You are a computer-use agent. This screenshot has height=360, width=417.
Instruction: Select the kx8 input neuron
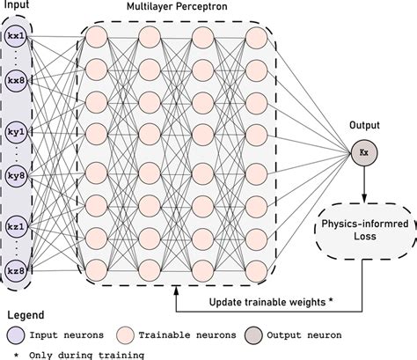point(16,81)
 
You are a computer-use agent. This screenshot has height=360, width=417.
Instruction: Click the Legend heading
point(24,313)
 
